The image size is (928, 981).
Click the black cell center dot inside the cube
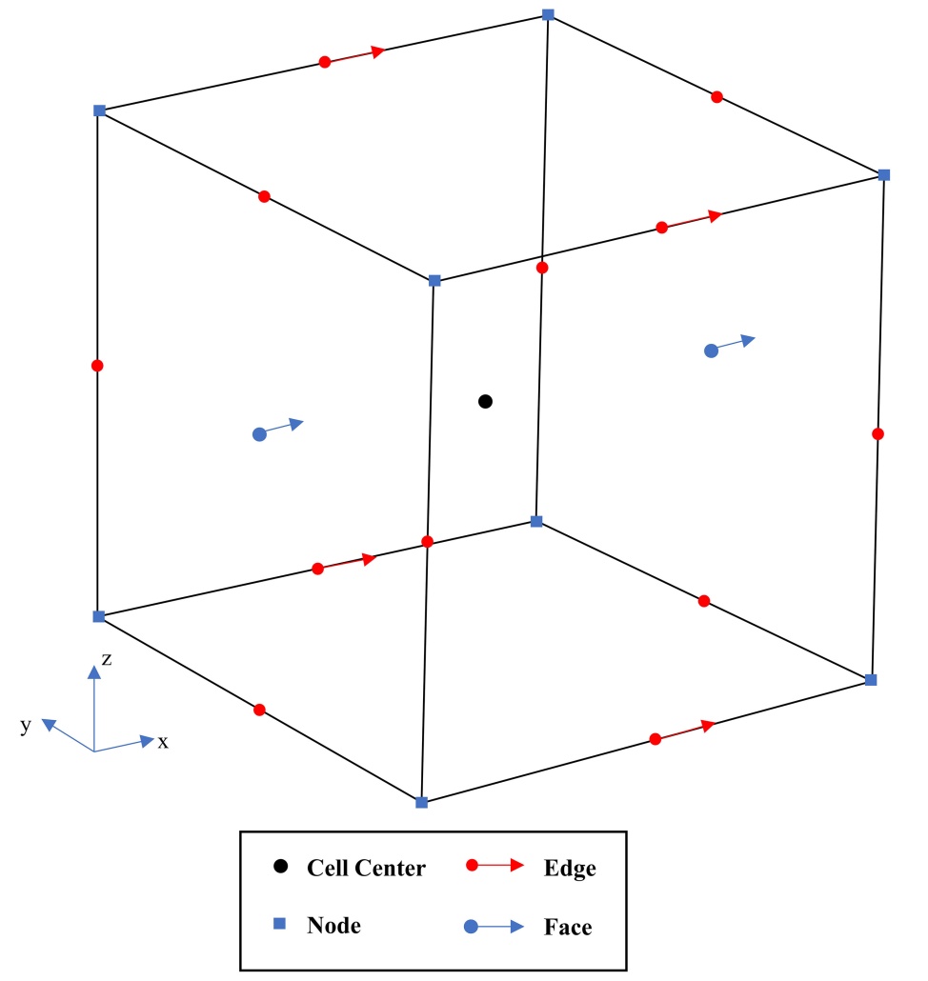pos(485,402)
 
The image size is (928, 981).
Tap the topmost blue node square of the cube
pos(548,14)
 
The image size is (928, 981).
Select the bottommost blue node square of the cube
pos(422,802)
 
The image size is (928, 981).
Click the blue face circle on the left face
pos(259,434)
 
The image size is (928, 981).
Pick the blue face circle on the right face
pos(711,350)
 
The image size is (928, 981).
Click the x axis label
pos(164,742)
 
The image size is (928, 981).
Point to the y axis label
pos(26,726)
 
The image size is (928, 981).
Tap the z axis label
pos(108,658)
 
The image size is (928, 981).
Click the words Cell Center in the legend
pos(366,868)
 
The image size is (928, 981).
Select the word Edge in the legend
pos(570,868)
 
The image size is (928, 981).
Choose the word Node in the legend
pos(333,924)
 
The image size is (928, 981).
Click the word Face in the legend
pos(568,926)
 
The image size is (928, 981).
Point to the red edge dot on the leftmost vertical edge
pos(97,365)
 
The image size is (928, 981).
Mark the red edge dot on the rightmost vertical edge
pos(878,434)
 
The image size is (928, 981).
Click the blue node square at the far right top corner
pos(884,174)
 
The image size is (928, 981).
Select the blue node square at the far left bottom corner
pos(98,616)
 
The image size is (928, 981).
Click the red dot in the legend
pos(471,866)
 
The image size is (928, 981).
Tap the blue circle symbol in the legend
pos(471,926)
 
